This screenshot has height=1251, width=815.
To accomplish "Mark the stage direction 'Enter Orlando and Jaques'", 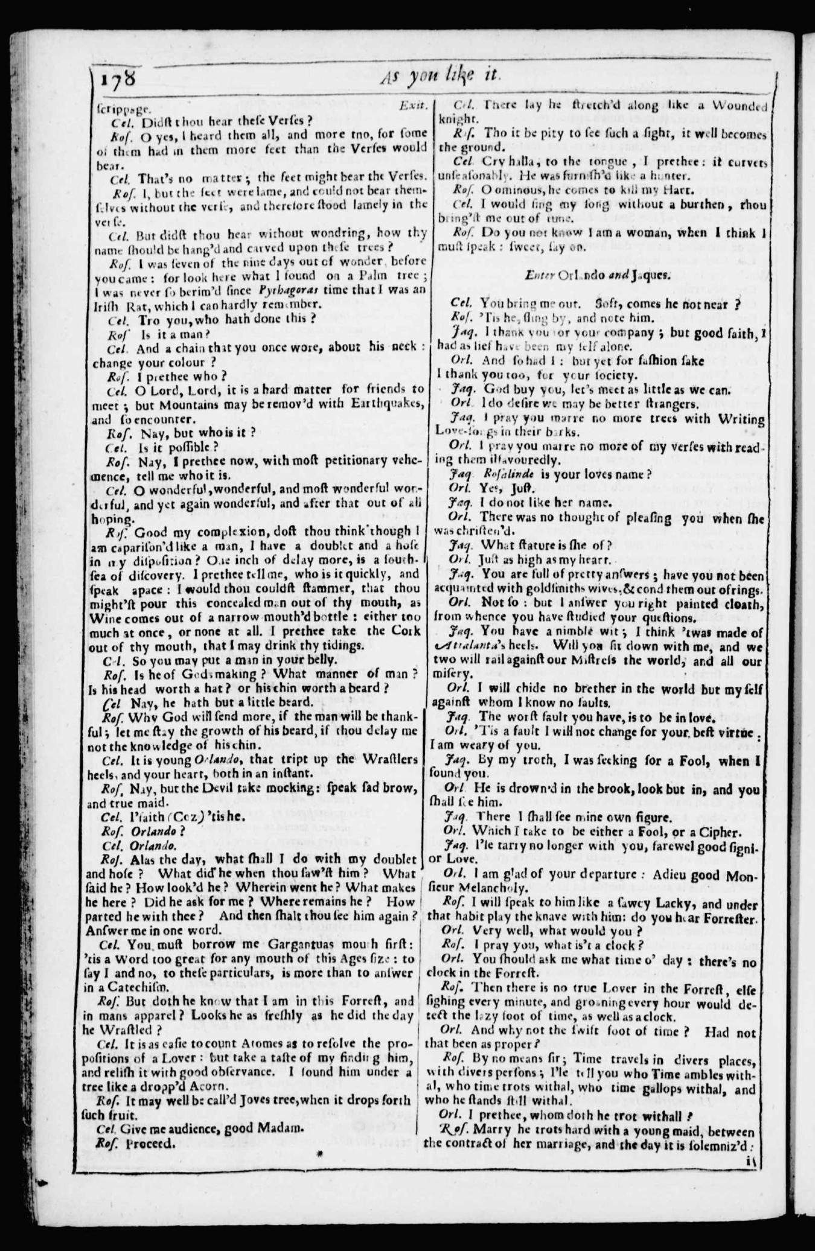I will (x=597, y=275).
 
